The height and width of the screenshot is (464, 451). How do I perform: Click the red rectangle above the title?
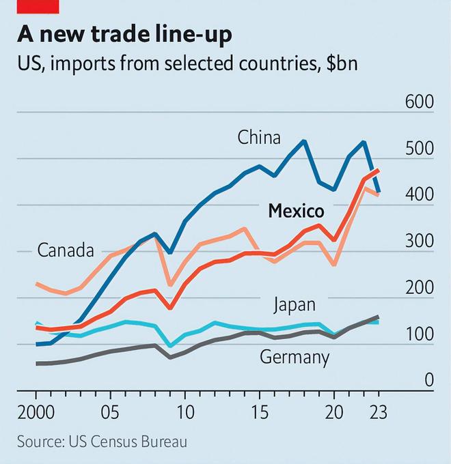coord(38,6)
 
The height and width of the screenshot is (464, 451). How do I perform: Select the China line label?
coord(259,138)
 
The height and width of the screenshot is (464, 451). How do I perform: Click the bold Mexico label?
coord(296,212)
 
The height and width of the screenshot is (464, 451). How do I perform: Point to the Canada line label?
coord(65,250)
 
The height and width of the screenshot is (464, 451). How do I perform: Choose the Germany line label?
coord(295,356)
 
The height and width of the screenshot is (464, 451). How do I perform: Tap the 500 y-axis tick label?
coord(419,149)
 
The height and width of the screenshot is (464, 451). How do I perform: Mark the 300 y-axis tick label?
coord(419,242)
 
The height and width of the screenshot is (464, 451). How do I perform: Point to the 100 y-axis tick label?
coord(419,334)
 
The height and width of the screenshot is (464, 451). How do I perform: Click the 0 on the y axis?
coord(428,380)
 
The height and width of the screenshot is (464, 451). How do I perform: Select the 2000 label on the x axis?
coord(36,414)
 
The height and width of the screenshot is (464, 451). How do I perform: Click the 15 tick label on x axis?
coord(259,414)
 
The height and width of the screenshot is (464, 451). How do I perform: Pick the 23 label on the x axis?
coord(378,414)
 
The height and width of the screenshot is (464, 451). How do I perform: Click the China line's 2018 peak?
coord(304,141)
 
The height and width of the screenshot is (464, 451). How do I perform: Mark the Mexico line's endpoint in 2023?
coord(378,171)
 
